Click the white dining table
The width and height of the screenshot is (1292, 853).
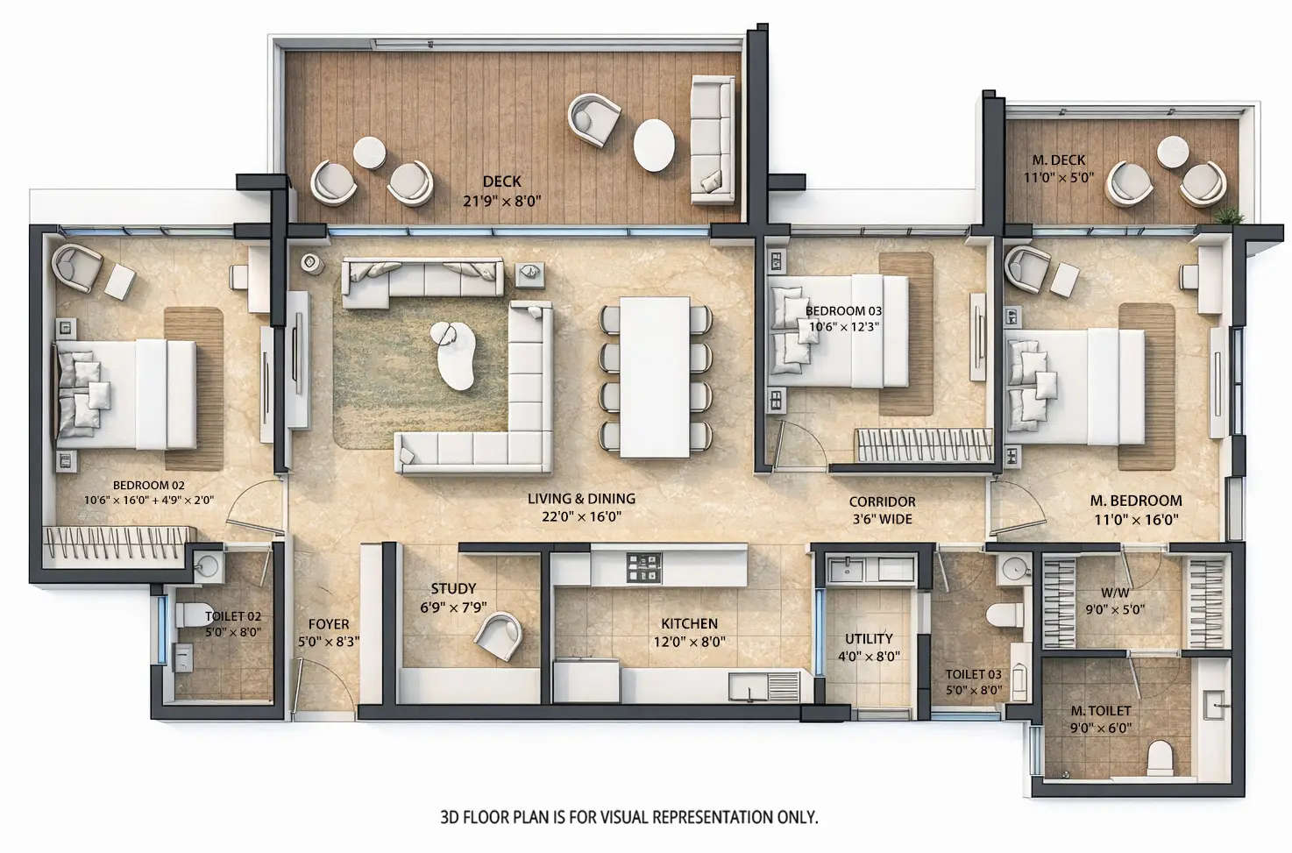pos(654,377)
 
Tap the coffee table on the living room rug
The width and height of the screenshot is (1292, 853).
pos(458,355)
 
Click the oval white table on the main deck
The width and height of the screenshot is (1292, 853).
pos(654,145)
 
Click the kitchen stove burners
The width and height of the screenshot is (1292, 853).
pos(643,566)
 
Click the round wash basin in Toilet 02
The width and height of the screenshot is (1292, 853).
pos(207,566)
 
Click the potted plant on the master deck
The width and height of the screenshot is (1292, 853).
pos(1229,215)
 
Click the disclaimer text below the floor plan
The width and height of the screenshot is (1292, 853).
pos(628,817)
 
